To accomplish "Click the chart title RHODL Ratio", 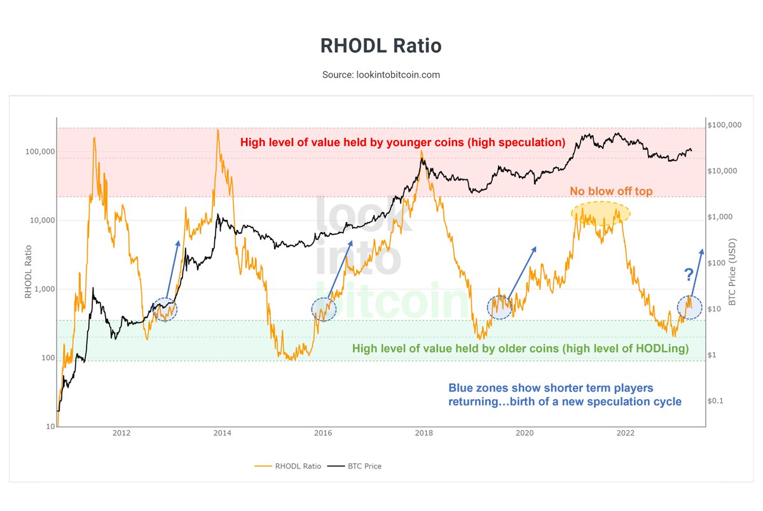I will tap(381, 46).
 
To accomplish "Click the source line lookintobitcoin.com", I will tap(381, 74).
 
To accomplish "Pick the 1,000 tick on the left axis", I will tap(41, 289).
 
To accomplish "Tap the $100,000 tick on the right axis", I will tap(724, 125).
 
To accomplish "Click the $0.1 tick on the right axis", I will tap(718, 401).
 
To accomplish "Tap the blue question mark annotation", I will tap(689, 275).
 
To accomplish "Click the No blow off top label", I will tap(610, 191).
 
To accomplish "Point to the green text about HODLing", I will tap(521, 348).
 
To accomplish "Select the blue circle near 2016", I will tap(324, 309).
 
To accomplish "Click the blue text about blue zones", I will tap(565, 395).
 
